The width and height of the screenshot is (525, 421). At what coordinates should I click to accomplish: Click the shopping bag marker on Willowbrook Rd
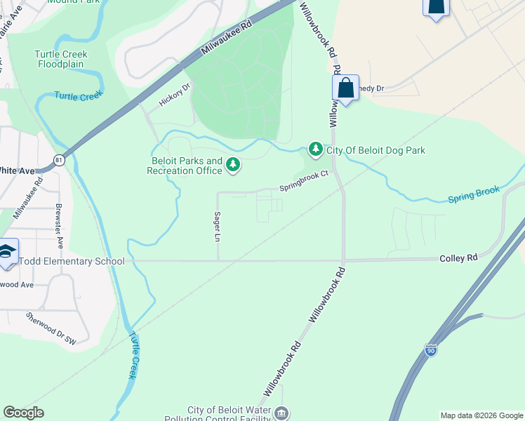345,88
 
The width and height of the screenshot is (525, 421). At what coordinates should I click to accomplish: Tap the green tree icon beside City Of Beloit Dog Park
316,149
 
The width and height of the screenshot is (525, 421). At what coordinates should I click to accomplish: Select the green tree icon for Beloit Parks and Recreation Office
233,165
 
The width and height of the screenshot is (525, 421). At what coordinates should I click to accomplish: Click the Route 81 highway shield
60,161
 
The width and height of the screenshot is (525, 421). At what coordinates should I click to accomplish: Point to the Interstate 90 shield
430,349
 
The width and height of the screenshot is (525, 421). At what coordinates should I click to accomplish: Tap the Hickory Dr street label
175,95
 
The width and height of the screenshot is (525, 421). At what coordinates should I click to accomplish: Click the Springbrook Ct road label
304,181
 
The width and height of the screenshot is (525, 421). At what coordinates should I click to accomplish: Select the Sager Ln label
218,227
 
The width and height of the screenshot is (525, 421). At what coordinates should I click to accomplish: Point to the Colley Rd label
458,258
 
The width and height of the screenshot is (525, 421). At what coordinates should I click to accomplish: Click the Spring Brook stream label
474,195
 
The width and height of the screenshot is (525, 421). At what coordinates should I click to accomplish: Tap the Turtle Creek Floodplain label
60,59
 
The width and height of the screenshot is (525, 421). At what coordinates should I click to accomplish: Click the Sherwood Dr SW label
51,328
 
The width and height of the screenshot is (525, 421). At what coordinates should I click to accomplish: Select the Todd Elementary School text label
71,262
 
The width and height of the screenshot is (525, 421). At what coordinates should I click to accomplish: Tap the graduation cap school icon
6,253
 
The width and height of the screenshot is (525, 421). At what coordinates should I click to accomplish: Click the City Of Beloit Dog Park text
376,150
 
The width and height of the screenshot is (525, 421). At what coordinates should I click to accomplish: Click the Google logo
23,413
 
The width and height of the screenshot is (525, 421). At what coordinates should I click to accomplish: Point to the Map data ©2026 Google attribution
481,415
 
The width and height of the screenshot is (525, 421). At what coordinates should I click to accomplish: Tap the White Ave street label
17,171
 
